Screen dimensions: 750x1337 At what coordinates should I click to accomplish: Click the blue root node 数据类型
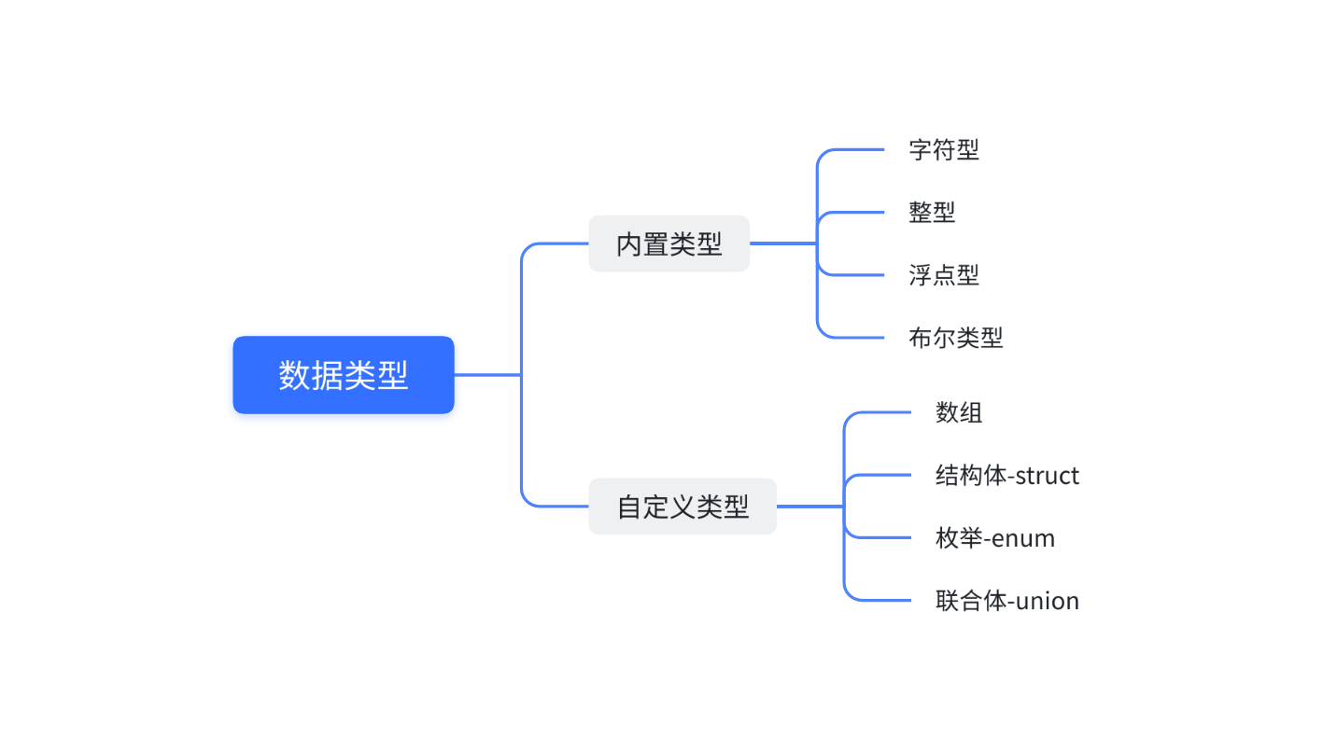(x=343, y=375)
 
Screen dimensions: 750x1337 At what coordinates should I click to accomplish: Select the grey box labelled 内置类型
(x=668, y=243)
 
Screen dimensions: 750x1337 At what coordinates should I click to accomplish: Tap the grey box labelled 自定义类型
(x=682, y=507)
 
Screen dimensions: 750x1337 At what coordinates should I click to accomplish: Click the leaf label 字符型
(x=944, y=149)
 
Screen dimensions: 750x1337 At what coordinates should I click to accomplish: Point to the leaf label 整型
(x=932, y=212)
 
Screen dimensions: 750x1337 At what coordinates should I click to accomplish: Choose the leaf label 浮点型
(x=944, y=275)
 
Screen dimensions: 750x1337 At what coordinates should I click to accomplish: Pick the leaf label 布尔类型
(x=955, y=338)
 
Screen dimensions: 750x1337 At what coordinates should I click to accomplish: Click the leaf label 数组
(x=959, y=412)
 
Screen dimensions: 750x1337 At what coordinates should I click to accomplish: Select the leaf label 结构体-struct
(x=1006, y=476)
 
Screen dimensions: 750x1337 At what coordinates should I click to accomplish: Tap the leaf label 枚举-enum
(x=995, y=538)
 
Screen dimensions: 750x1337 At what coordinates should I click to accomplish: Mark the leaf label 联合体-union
(x=1006, y=601)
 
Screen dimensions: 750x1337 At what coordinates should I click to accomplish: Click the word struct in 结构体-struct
(x=1047, y=476)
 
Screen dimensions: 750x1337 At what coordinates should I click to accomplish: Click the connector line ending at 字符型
(x=854, y=149)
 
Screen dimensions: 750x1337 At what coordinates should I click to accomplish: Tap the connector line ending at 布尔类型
(x=854, y=338)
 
